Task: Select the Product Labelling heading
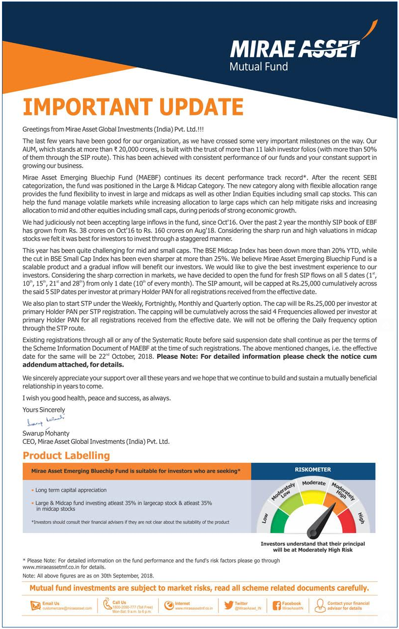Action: pos(66,456)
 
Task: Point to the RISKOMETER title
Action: pos(312,470)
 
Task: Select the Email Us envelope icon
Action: pos(35,606)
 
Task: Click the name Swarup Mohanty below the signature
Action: pos(46,434)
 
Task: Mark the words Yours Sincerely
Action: pos(44,410)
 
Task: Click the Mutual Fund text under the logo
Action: pos(259,66)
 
